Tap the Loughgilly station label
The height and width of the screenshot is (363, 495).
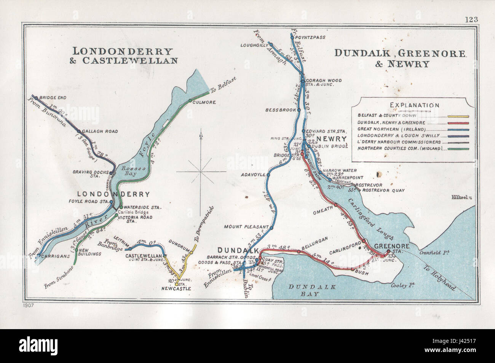(x=253, y=45)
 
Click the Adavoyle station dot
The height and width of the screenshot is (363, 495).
(x=268, y=175)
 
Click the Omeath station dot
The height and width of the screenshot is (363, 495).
(x=336, y=205)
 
